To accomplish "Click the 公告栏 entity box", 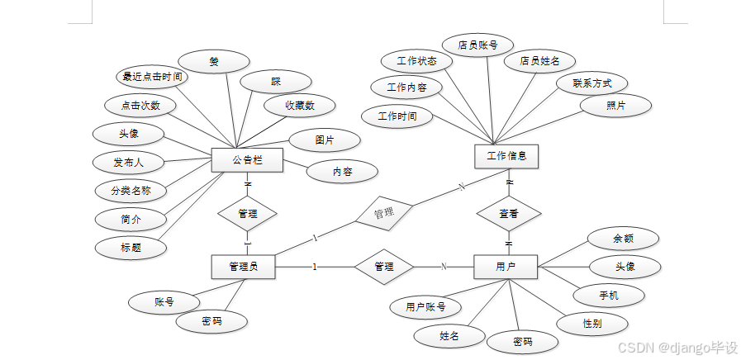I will [x=247, y=159].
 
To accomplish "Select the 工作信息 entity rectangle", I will [x=507, y=155].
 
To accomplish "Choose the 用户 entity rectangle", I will [x=506, y=266].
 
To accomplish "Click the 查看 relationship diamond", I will [x=508, y=212].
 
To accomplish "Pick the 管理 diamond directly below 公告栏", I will [x=247, y=213].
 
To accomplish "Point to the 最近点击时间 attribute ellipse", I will [x=151, y=77].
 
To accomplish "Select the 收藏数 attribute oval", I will [x=300, y=106].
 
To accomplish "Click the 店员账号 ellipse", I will [x=478, y=45].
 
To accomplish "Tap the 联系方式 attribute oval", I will [x=592, y=83].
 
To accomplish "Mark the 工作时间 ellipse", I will [x=397, y=116].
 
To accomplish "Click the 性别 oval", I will [x=591, y=323].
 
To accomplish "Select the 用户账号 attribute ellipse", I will [x=425, y=307].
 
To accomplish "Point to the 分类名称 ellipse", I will [x=131, y=191].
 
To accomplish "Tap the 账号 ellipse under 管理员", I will [x=164, y=302].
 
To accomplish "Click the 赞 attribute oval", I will [x=214, y=61].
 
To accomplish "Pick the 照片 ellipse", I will [x=615, y=106].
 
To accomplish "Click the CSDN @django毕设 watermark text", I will [x=677, y=348].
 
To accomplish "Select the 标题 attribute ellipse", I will [x=131, y=247].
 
